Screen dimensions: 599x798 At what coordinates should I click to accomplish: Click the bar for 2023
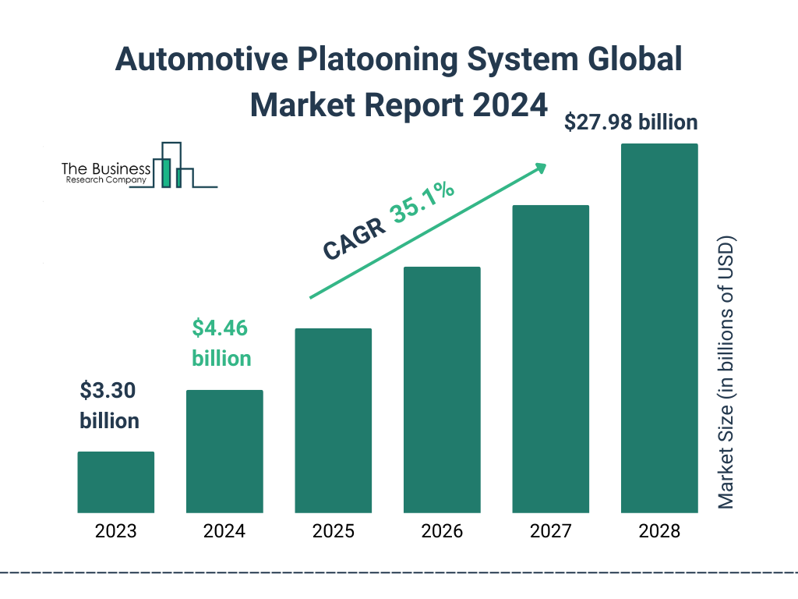pyautogui.click(x=115, y=482)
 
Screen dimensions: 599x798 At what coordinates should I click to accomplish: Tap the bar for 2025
pyautogui.click(x=333, y=420)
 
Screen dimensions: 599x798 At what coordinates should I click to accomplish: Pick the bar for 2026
pyautogui.click(x=442, y=390)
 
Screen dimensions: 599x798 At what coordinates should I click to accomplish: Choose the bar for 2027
pyautogui.click(x=550, y=359)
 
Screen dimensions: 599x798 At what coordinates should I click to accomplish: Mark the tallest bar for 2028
pyautogui.click(x=659, y=328)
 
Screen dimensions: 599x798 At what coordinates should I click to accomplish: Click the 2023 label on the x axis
pyautogui.click(x=115, y=532)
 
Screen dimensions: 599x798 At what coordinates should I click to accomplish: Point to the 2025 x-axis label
pyautogui.click(x=333, y=532)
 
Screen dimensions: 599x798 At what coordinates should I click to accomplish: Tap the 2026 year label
pyautogui.click(x=442, y=532)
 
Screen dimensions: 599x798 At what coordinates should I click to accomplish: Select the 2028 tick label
pyautogui.click(x=659, y=532)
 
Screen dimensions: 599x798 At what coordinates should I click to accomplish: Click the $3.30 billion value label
pyautogui.click(x=110, y=406)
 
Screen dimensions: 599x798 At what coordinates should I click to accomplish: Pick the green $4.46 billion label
pyautogui.click(x=221, y=343)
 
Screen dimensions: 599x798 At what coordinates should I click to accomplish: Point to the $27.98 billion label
pyautogui.click(x=631, y=122)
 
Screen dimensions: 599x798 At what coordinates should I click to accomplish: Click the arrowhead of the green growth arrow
pyautogui.click(x=539, y=168)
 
